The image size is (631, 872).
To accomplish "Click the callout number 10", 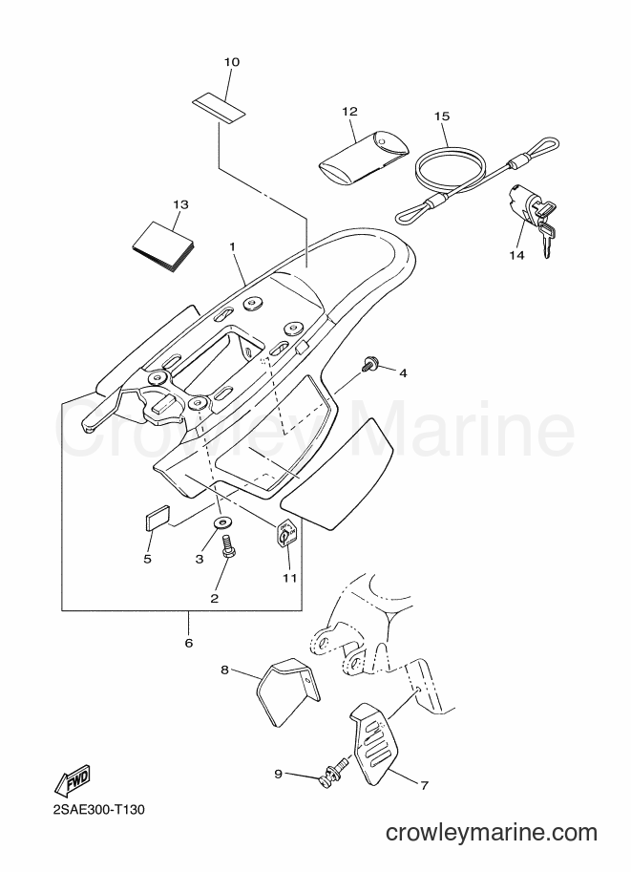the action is (232, 62).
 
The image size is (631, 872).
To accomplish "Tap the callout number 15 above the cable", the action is (442, 117).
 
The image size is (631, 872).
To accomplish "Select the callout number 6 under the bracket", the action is (188, 643).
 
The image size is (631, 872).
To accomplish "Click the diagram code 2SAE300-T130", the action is (99, 810).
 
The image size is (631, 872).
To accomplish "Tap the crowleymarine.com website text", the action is (492, 833).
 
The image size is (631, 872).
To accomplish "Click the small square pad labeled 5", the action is (158, 515).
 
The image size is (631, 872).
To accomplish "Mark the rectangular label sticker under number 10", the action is (220, 110).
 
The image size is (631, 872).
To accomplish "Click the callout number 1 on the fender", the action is (232, 245).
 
